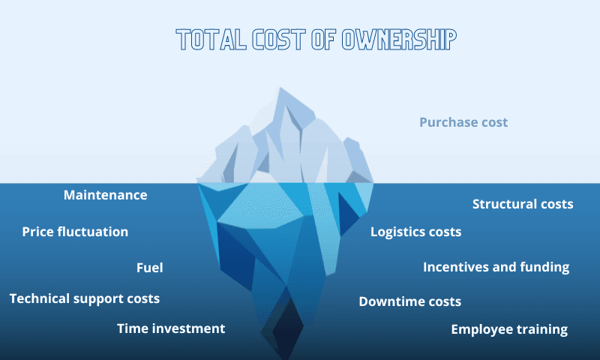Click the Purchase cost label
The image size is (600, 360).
pos(463,122)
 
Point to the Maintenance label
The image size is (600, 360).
pos(105,195)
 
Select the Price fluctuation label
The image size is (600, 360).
pos(75,232)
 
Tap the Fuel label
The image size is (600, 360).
pos(149,268)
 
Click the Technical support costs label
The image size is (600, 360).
pos(85,298)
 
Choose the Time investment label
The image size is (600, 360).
pos(171,328)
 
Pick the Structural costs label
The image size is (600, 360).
pos(523,204)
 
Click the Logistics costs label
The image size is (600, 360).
pos(415,232)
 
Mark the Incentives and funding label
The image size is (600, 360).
pos(496,267)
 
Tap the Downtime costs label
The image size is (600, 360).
pos(409,301)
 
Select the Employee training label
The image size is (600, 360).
pos(509,329)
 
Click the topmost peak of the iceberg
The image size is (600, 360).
pos(281,89)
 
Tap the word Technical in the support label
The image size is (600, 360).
pos(38,298)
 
